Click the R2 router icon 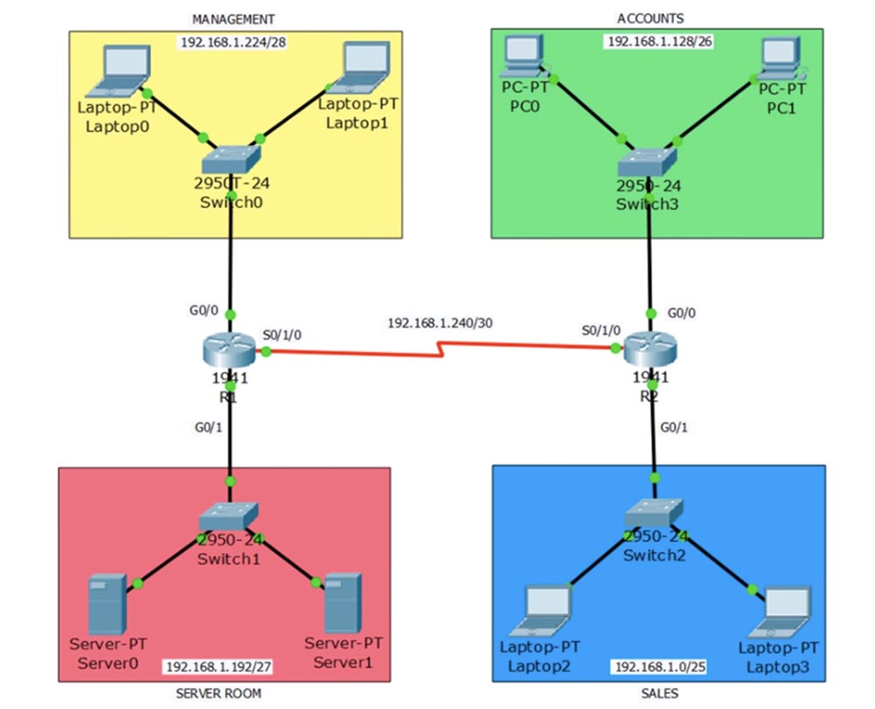click(x=649, y=351)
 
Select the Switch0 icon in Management click(x=230, y=159)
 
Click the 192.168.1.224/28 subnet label click(x=233, y=42)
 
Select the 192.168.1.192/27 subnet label click(x=218, y=667)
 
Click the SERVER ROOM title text click(x=218, y=693)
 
